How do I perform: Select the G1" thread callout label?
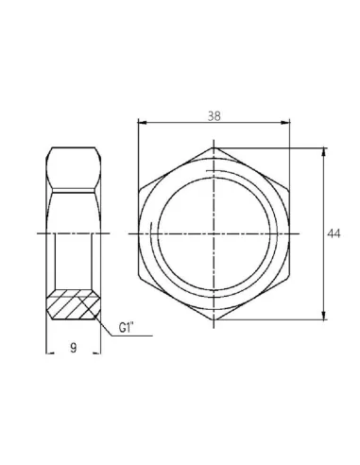coord(129,329)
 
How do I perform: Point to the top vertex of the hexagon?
coord(214,146)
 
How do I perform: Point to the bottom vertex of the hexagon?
coord(214,321)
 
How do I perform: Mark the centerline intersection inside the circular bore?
coord(214,233)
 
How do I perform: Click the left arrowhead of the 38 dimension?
coord(142,121)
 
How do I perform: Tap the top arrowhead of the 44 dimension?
coord(326,150)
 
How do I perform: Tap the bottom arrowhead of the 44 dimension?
coord(326,318)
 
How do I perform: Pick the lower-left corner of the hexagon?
coord(140,278)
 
